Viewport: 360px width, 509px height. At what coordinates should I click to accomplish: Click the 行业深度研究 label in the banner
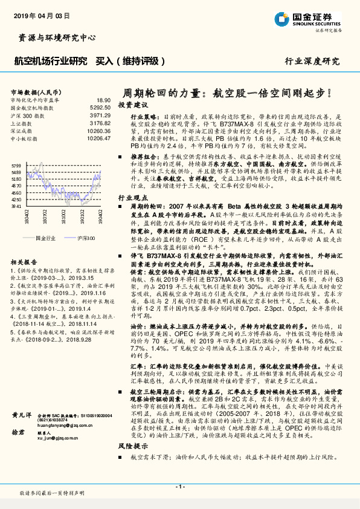tap(312, 61)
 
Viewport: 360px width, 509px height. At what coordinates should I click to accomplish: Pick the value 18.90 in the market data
tap(103, 100)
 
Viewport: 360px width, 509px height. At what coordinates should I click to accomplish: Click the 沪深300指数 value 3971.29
tap(99, 114)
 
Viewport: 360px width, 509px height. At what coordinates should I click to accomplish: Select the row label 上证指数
tap(22, 122)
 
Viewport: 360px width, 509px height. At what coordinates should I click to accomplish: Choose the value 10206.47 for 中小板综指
tap(98, 137)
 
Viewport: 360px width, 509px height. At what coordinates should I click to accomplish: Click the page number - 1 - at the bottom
tap(179, 487)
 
